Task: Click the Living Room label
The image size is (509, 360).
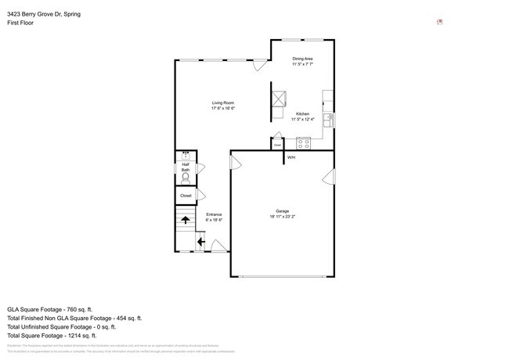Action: click(223, 103)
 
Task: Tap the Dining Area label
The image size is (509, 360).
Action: click(303, 59)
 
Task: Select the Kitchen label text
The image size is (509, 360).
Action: click(302, 114)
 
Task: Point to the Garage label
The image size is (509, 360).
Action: click(282, 211)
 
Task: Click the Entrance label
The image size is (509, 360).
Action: click(214, 214)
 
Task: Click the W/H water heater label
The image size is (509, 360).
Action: click(291, 158)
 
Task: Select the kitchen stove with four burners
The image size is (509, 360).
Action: click(303, 143)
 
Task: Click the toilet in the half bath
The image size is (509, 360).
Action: click(186, 177)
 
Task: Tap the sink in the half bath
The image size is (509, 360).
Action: click(186, 155)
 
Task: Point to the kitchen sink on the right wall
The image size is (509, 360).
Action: click(329, 119)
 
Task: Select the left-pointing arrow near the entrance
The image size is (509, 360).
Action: click(200, 242)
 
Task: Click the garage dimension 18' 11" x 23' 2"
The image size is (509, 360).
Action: click(282, 216)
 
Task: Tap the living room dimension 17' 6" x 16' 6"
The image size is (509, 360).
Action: click(223, 108)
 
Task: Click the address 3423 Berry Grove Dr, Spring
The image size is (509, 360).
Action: click(43, 14)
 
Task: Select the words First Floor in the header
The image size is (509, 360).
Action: click(21, 23)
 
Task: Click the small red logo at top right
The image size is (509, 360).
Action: click(440, 22)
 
